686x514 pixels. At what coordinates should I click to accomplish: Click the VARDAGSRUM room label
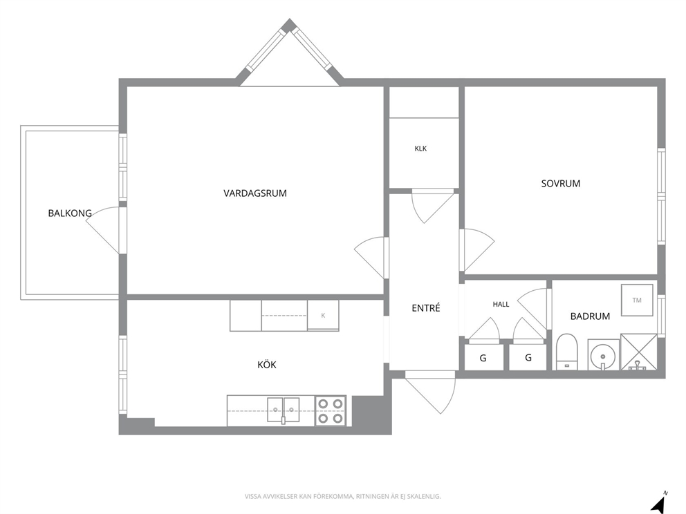click(x=255, y=193)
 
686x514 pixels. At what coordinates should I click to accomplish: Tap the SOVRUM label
click(x=560, y=184)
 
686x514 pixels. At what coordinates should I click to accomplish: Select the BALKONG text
click(x=70, y=213)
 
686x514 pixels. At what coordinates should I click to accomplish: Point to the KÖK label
click(x=267, y=364)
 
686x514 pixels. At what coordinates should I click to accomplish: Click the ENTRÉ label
click(x=426, y=307)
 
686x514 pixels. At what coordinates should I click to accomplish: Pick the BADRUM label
click(x=590, y=316)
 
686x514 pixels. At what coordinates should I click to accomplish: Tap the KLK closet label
click(x=420, y=149)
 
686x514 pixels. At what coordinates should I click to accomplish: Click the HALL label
click(x=501, y=304)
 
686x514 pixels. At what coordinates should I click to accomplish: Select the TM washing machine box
click(x=637, y=300)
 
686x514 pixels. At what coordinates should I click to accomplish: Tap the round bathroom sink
click(x=603, y=354)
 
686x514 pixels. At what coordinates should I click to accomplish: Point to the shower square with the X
click(x=639, y=352)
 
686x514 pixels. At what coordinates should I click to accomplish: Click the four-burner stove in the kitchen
click(x=331, y=411)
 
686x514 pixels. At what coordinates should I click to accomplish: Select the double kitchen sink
click(x=284, y=410)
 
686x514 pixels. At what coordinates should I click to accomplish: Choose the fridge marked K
click(x=323, y=315)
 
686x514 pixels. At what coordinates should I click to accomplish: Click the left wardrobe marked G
click(x=483, y=358)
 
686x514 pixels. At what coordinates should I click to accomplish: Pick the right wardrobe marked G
click(x=528, y=358)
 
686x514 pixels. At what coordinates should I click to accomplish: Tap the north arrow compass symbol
click(x=659, y=503)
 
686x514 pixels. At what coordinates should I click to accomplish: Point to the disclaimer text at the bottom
click(x=342, y=497)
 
